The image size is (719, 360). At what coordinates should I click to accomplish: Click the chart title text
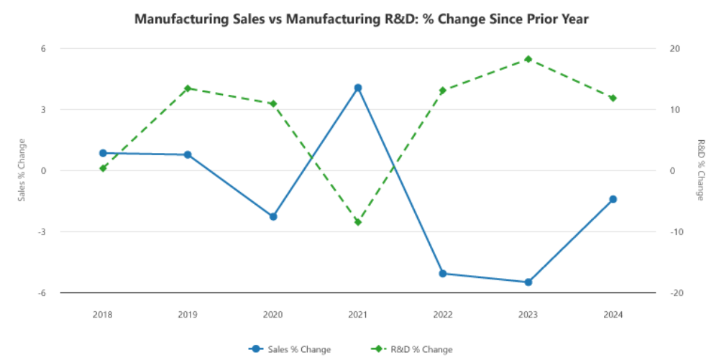362,19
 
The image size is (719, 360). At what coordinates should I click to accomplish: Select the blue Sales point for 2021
358,88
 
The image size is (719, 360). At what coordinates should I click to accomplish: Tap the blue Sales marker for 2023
528,282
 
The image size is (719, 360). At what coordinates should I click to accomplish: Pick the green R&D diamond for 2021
358,222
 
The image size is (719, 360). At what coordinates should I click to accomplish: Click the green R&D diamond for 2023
528,59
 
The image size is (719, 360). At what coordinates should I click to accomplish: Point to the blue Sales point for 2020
273,216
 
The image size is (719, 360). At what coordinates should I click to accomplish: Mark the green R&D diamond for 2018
103,168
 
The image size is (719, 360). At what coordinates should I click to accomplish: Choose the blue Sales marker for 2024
613,199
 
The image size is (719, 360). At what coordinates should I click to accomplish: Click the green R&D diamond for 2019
188,88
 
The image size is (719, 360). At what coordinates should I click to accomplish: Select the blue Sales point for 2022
443,274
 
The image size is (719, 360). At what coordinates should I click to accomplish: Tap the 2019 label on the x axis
188,315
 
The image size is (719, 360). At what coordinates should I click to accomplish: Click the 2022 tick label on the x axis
443,315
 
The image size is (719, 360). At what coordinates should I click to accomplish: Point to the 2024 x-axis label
613,315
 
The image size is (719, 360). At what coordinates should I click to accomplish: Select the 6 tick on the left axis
43,49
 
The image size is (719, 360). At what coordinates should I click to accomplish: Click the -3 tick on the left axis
42,232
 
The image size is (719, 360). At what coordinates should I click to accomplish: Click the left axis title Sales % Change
22,170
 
